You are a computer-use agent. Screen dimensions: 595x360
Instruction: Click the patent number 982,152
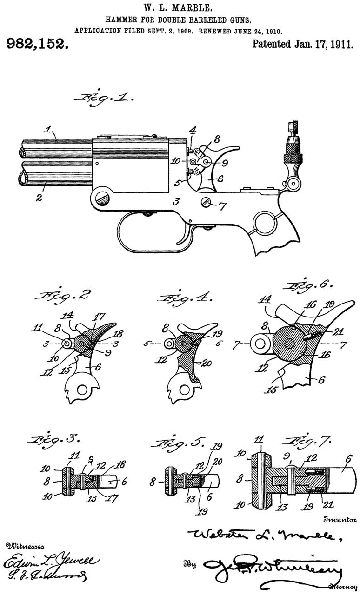36,45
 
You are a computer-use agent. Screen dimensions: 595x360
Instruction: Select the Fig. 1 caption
107,99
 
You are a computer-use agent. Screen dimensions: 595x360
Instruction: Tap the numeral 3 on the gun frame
176,201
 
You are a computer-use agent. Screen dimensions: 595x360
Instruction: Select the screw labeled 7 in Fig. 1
207,203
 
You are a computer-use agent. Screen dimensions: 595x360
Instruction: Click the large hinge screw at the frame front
103,200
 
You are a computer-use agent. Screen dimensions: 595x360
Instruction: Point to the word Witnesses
21,545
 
